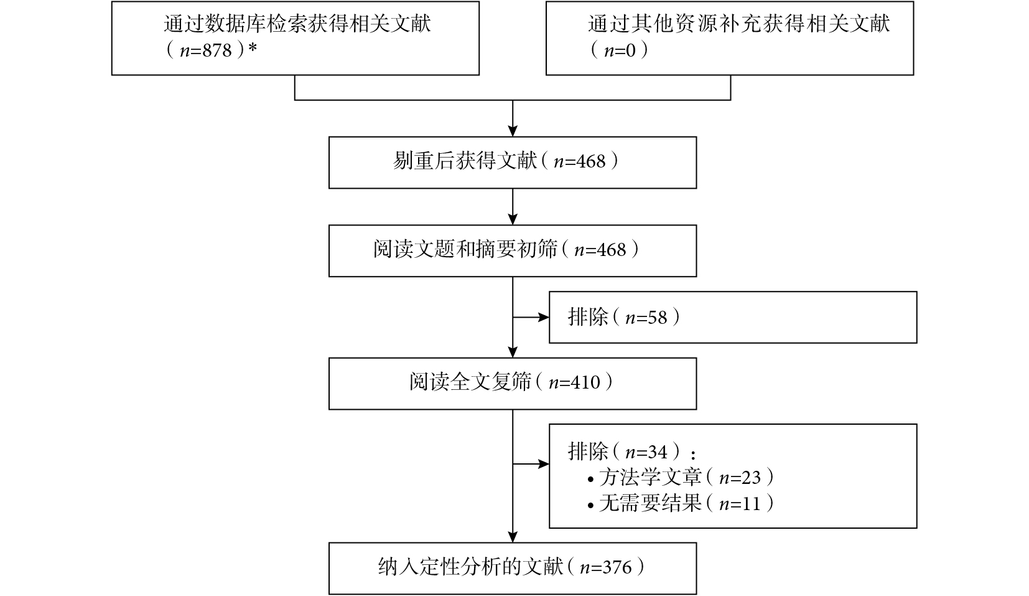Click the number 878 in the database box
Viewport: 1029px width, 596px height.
pos(217,50)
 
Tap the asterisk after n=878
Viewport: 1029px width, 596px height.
pos(252,48)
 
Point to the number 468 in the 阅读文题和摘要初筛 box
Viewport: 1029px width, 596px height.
pos(612,250)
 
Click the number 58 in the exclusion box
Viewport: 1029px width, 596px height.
pos(657,318)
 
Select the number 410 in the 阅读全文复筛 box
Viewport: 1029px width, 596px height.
pos(585,382)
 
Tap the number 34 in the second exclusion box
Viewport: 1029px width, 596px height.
pos(657,453)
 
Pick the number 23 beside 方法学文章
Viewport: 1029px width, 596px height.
pos(751,478)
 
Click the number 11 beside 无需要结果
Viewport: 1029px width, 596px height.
pos(751,504)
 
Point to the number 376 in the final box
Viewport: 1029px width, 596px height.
pos(617,567)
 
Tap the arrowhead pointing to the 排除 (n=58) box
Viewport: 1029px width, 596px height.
pos(544,318)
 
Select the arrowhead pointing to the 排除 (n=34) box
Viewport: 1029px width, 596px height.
pos(544,464)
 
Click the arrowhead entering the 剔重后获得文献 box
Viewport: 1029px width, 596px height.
pos(513,131)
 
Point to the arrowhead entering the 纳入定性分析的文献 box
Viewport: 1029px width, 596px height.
pos(513,537)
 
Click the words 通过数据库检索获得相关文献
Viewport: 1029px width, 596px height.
pos(297,24)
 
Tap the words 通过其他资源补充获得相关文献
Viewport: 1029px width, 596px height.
pos(739,24)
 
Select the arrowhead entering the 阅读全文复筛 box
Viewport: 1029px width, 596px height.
pos(513,352)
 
